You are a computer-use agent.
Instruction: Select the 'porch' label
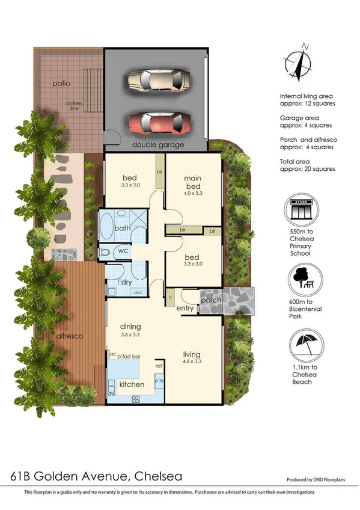[210, 300]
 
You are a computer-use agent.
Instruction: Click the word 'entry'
[185, 309]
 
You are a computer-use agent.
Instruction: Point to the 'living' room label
[192, 354]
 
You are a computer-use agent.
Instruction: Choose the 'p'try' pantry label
[159, 381]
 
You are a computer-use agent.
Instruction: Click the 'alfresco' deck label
[70, 337]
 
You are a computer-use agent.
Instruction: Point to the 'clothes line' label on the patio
[74, 106]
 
